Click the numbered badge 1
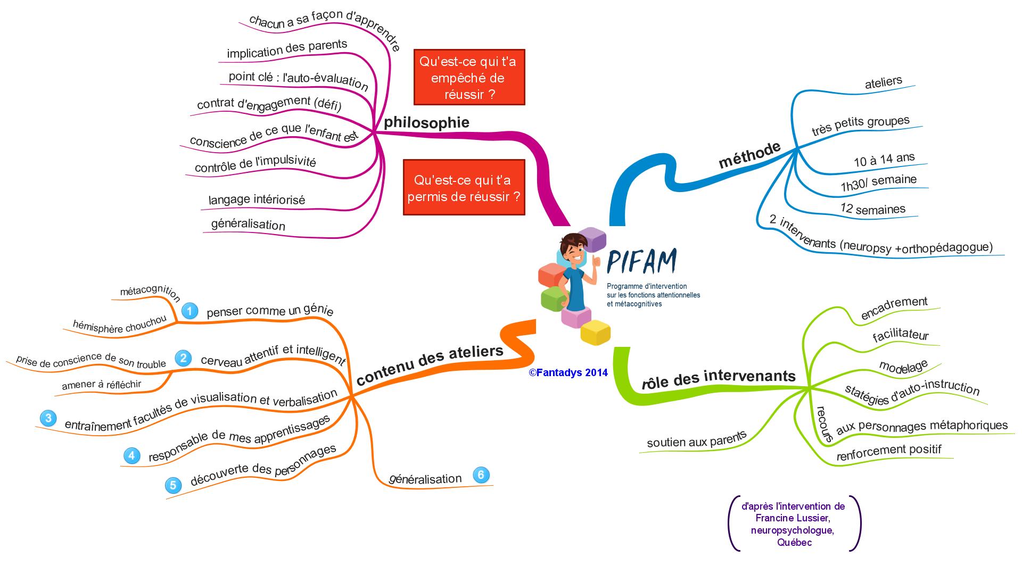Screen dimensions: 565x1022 click(x=189, y=311)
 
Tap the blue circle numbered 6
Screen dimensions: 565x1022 click(x=481, y=475)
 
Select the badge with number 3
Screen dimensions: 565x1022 click(x=48, y=418)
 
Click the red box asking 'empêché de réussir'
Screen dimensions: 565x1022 click(x=469, y=78)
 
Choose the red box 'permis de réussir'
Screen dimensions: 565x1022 click(x=464, y=188)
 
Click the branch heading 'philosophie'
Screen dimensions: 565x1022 click(x=426, y=122)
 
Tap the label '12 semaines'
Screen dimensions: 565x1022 click(x=873, y=209)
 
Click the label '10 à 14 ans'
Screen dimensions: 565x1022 click(x=884, y=160)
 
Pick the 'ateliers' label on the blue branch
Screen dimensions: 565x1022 click(x=884, y=82)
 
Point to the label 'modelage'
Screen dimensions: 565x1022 click(x=903, y=367)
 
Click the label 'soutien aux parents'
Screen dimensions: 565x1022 click(x=697, y=440)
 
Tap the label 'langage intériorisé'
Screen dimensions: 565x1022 click(x=257, y=200)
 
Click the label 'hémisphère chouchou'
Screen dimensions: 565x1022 click(x=119, y=326)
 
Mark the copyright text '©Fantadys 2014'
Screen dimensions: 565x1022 click(x=568, y=373)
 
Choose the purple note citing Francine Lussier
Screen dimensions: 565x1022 click(x=793, y=524)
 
